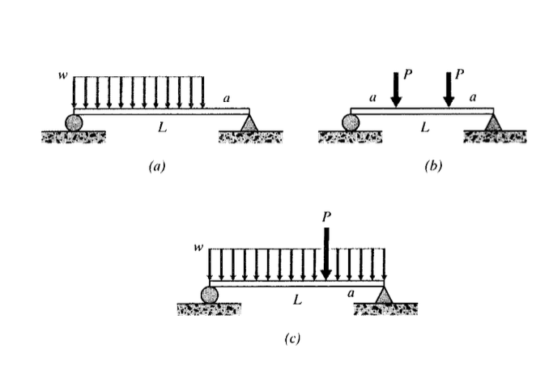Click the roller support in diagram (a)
(74, 122)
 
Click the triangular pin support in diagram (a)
(249, 122)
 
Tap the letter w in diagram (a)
(62, 75)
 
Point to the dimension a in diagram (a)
(226, 98)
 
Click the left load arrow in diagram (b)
(395, 87)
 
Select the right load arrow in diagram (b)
(448, 87)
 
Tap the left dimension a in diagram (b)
(372, 97)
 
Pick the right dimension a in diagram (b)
(473, 97)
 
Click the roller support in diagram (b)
(351, 122)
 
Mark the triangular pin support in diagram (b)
(492, 122)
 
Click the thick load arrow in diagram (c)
(326, 252)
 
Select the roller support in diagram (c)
(210, 295)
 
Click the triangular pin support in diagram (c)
(384, 295)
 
